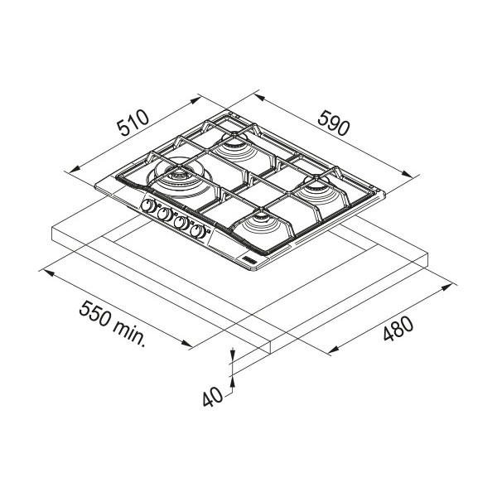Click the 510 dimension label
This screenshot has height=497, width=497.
[x=133, y=123]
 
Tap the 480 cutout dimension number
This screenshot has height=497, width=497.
[x=398, y=329]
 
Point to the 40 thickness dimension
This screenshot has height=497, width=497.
[x=213, y=397]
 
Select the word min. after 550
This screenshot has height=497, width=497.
[x=129, y=334]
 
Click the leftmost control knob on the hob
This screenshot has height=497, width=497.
[x=148, y=206]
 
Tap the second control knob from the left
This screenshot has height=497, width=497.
[x=165, y=215]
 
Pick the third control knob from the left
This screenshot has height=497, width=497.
[x=181, y=223]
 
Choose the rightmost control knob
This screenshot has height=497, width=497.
[x=198, y=231]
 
